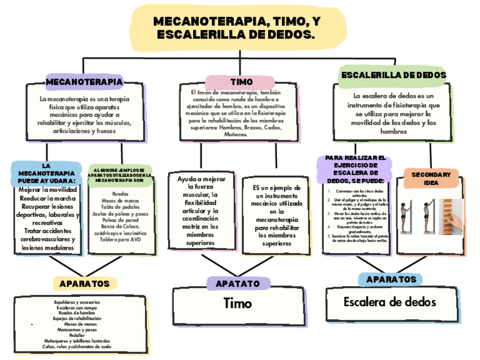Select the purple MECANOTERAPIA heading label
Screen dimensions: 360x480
tap(84, 82)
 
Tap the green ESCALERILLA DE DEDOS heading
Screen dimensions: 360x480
tap(393, 75)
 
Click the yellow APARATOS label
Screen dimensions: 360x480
tap(84, 282)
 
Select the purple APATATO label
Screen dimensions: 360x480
tap(233, 283)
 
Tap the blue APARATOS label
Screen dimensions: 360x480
tap(391, 279)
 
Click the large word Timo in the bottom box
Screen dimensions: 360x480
tap(238, 303)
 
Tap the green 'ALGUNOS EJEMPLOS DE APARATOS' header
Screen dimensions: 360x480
tap(120, 175)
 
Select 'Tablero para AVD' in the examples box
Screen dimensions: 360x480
tap(120, 238)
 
